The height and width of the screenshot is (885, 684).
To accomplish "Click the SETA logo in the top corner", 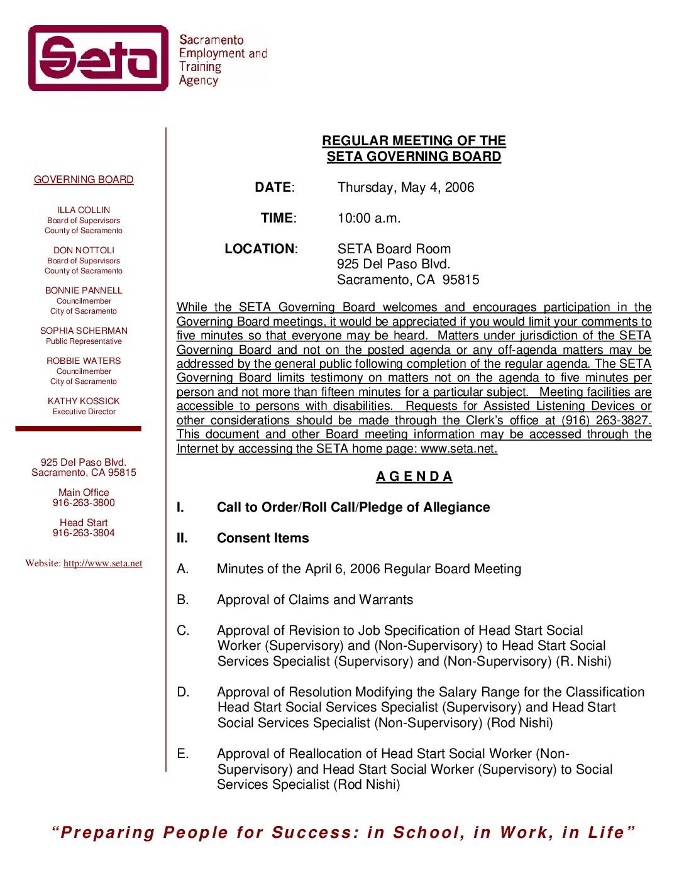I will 99,58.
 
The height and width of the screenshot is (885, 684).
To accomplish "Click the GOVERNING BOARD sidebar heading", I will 84,180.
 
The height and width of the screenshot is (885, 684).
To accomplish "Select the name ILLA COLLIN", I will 84,210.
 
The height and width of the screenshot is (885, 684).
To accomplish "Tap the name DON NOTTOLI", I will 84,250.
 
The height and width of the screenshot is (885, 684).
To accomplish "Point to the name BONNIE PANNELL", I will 84,290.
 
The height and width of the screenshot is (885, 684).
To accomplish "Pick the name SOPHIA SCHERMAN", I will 84,331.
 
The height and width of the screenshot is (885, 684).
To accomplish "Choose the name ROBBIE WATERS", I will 84,361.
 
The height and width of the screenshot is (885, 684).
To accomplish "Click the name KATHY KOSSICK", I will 84,401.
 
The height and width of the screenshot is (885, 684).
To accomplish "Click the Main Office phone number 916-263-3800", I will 84,503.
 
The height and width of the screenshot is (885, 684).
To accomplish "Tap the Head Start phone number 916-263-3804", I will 84,533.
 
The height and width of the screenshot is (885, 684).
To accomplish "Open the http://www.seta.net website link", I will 102,563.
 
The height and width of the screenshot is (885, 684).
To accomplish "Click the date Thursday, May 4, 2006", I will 405,187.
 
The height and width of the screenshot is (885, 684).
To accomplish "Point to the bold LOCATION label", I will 260,249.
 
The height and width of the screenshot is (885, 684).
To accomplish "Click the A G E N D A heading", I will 414,476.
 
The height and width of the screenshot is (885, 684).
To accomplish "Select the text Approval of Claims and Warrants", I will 315,600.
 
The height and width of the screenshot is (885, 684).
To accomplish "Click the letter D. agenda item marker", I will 183,692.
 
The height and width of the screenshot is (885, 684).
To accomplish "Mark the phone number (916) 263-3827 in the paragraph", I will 610,421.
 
